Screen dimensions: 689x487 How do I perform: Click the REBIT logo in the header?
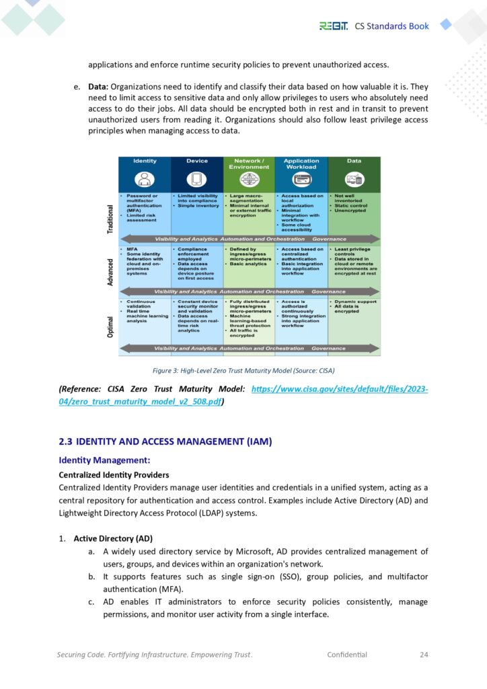click(334, 26)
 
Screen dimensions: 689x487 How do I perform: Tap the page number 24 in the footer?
click(424, 654)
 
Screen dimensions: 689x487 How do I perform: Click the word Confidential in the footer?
click(347, 654)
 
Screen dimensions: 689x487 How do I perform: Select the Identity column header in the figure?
click(145, 161)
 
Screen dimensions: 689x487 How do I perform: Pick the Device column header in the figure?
click(197, 161)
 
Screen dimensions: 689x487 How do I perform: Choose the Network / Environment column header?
click(249, 164)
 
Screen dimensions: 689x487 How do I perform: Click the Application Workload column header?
click(301, 164)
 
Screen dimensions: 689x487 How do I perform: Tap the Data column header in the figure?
click(354, 161)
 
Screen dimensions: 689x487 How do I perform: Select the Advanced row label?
click(111, 274)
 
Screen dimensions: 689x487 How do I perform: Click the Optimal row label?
click(111, 328)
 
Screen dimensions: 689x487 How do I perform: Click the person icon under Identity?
click(145, 180)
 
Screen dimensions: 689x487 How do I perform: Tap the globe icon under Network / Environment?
click(249, 180)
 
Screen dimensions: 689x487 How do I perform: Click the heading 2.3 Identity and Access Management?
click(165, 442)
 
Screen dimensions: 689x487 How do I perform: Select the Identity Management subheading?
click(104, 460)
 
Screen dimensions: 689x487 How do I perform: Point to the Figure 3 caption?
click(243, 370)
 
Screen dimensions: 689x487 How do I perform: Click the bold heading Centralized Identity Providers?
click(114, 474)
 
